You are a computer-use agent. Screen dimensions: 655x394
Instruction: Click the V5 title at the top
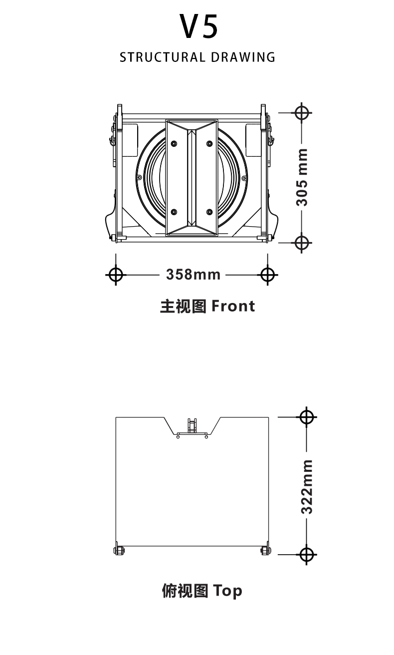click(199, 27)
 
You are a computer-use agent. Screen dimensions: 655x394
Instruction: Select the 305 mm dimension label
click(302, 177)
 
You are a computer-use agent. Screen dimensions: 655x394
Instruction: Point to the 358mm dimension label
click(194, 274)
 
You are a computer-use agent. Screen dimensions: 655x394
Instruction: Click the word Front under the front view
click(233, 306)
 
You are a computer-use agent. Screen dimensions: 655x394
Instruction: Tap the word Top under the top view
click(228, 591)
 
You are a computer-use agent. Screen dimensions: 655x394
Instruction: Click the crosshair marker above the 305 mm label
click(302, 112)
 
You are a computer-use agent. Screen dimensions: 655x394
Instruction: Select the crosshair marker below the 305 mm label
click(302, 243)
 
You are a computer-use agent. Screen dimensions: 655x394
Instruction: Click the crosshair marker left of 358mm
click(116, 274)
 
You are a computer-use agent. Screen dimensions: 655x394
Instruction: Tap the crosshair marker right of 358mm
click(268, 274)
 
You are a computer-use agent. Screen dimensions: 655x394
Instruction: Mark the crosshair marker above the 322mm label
click(307, 416)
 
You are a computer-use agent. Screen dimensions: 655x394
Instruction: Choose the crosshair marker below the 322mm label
click(307, 554)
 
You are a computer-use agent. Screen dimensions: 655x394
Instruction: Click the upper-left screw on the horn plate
click(174, 144)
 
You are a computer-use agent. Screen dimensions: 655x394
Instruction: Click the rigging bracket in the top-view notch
click(192, 427)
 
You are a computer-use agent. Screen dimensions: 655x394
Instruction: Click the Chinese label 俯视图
click(184, 591)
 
